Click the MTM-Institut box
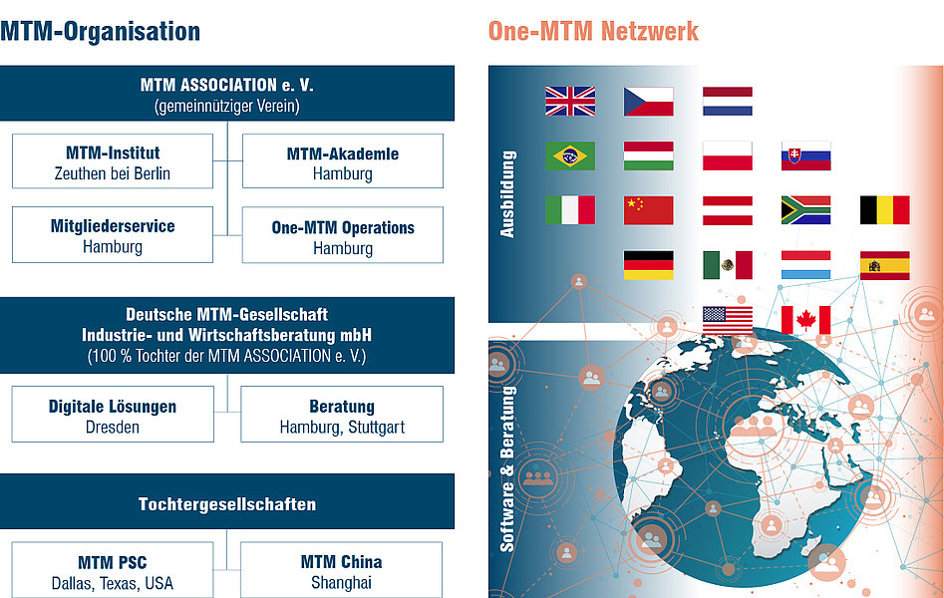pyautogui.click(x=113, y=161)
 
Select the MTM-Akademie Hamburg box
pyautogui.click(x=343, y=161)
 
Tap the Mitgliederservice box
pyautogui.click(x=113, y=235)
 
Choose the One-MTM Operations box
pyautogui.click(x=343, y=235)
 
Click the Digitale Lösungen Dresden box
pyautogui.click(x=113, y=415)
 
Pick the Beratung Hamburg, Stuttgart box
pyautogui.click(x=342, y=415)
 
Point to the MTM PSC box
pyautogui.click(x=113, y=570)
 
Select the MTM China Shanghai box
pyautogui.click(x=341, y=570)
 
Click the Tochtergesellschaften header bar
pyautogui.click(x=227, y=501)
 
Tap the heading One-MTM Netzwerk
pyautogui.click(x=593, y=31)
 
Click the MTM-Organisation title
pyautogui.click(x=100, y=31)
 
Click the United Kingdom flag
pyautogui.click(x=570, y=102)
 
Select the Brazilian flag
pyautogui.click(x=570, y=155)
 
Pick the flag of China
pyautogui.click(x=648, y=210)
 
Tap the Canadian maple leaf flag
pyautogui.click(x=805, y=320)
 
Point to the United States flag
pyautogui.click(x=728, y=320)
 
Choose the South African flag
pyautogui.click(x=805, y=210)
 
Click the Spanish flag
pyautogui.click(x=884, y=265)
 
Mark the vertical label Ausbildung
pyautogui.click(x=507, y=194)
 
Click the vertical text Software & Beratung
pyautogui.click(x=507, y=469)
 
